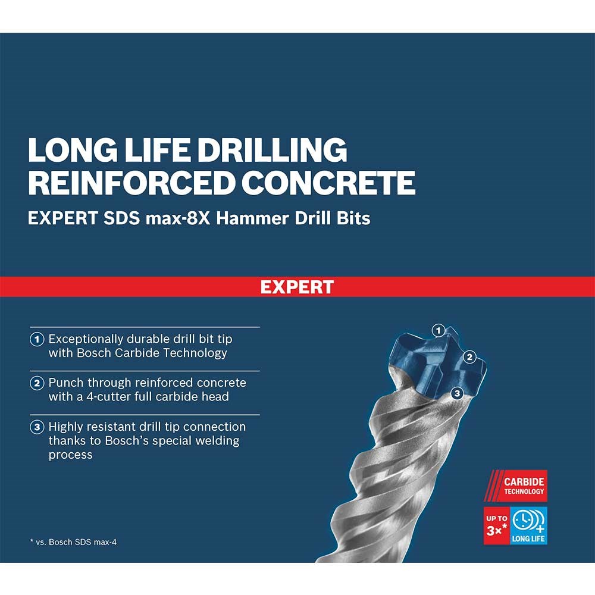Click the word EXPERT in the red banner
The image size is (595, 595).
297,287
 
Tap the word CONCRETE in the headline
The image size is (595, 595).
328,183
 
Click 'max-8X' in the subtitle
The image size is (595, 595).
178,218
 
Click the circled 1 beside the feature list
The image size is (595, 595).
37,339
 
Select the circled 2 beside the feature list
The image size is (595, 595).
37,383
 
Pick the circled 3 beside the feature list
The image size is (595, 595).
37,427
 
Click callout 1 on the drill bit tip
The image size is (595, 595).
439,330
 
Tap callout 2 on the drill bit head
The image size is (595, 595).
470,356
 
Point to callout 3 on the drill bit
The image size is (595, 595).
457,393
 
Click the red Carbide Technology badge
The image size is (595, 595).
515,486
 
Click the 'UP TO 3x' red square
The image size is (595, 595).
497,525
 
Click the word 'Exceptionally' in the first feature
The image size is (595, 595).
86,340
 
